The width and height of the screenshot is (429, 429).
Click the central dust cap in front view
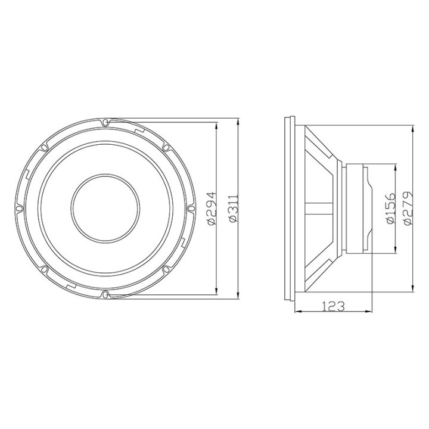point(105,208)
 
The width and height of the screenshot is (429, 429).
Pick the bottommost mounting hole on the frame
point(105,293)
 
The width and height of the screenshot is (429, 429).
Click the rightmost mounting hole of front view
point(191,208)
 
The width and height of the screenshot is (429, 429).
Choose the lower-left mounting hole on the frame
point(45,269)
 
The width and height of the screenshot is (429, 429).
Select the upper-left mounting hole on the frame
point(45,147)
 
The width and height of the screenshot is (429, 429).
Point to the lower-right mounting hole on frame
point(166,269)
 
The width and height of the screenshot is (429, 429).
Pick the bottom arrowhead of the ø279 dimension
point(413,289)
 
